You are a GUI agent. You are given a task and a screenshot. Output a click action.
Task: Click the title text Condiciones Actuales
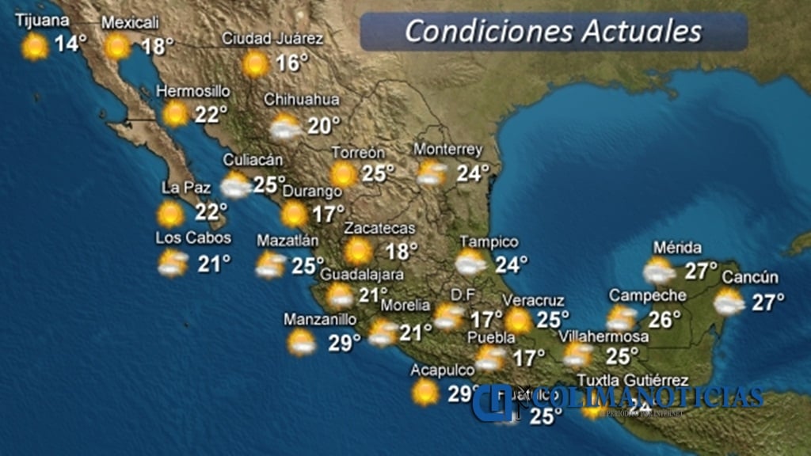click(x=553, y=31)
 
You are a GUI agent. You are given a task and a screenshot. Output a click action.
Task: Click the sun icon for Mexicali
click(x=118, y=47)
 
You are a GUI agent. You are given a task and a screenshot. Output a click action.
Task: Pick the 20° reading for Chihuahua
click(x=323, y=126)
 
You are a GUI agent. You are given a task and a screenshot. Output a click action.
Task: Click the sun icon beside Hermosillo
click(x=176, y=114)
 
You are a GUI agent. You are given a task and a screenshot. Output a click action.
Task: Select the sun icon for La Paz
click(x=170, y=214)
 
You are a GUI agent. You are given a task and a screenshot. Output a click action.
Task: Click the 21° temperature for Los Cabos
click(x=214, y=264)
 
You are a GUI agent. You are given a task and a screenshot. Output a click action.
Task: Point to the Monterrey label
click(x=448, y=150)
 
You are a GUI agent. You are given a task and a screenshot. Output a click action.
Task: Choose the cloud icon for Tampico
click(x=470, y=263)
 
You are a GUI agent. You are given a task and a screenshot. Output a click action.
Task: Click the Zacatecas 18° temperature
click(x=401, y=253)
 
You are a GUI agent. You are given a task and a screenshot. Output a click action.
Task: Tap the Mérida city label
click(x=678, y=248)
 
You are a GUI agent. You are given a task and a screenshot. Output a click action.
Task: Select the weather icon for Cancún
click(x=728, y=302)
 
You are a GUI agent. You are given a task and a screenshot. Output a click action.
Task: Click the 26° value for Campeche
click(x=664, y=319)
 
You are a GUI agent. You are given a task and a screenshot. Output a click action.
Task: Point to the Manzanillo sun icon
click(x=302, y=342)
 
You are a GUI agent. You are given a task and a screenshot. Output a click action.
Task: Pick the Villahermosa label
click(x=604, y=336)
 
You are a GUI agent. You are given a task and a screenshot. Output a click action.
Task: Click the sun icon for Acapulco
click(x=425, y=391)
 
